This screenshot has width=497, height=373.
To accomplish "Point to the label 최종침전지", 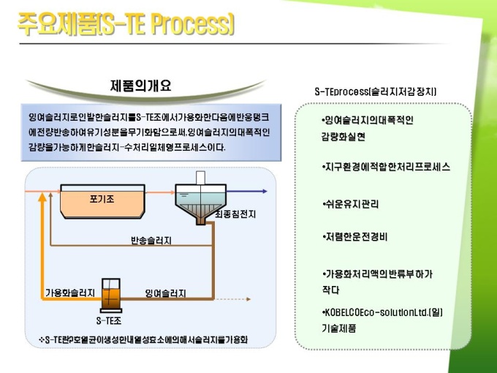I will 235,214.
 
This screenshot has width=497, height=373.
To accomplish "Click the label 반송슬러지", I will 151,240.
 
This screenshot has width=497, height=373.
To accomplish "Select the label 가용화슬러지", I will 70,293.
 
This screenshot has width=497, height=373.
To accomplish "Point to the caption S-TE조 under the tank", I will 110,320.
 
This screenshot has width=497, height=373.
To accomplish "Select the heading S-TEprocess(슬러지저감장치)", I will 375,92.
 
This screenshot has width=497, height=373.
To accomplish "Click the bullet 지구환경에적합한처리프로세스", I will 386,167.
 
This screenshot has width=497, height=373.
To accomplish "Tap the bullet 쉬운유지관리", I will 351,203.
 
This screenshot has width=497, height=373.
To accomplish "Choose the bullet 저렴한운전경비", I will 355,237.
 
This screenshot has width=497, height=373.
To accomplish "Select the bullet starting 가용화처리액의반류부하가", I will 377,282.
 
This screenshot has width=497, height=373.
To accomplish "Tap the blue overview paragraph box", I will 149,132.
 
